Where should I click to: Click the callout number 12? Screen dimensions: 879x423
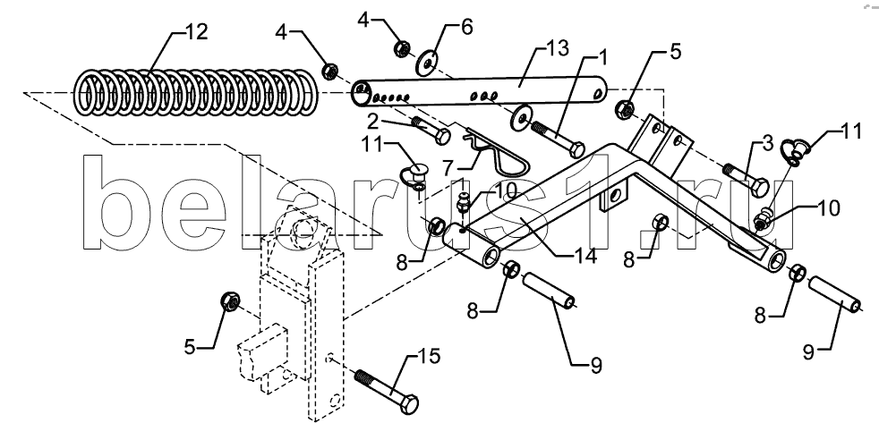click(195, 32)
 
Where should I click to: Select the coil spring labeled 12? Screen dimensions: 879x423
click(196, 93)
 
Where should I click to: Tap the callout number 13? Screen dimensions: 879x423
click(557, 49)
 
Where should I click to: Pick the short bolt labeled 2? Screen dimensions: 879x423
click(431, 130)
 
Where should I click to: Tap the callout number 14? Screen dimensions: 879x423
click(585, 257)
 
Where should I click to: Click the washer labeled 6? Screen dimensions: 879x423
click(427, 63)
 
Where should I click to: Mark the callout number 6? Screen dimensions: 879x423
click(465, 27)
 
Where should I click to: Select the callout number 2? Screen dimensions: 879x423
click(374, 121)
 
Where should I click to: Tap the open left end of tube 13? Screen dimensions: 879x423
click(361, 94)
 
